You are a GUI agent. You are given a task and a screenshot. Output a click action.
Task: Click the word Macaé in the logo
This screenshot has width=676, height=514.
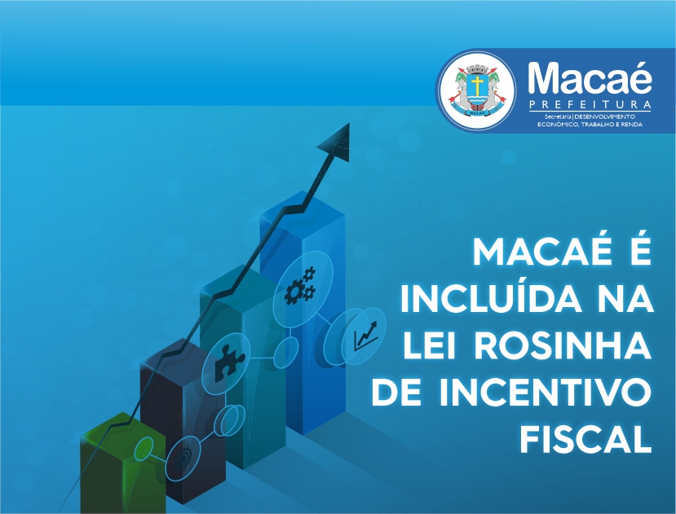590,78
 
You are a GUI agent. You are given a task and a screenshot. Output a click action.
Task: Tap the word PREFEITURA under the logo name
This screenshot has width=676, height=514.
590,105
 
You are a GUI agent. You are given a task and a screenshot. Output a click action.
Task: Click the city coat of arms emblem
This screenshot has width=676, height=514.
477,90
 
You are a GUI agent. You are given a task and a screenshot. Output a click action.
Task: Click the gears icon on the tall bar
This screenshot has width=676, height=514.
301,286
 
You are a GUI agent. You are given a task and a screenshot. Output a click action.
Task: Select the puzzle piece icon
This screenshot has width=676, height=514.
229,363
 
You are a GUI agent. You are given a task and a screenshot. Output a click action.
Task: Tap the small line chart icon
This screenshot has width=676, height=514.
365,336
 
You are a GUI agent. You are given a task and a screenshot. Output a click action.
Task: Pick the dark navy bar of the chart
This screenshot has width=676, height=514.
183,422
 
